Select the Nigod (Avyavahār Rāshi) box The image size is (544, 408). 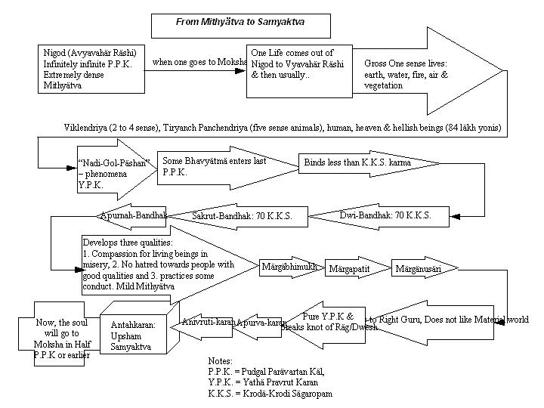[89, 70]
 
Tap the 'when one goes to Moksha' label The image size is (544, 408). [199, 62]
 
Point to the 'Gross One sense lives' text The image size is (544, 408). [406, 75]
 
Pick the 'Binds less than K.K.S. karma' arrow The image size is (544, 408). [363, 162]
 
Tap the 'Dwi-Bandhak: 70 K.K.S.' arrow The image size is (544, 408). [385, 215]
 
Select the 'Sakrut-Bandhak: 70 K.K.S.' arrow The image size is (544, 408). [242, 216]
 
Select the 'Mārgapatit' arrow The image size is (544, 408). [353, 268]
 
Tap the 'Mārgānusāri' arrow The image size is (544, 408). [417, 268]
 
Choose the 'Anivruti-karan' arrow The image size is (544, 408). [208, 322]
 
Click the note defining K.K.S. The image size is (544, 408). [270, 394]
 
